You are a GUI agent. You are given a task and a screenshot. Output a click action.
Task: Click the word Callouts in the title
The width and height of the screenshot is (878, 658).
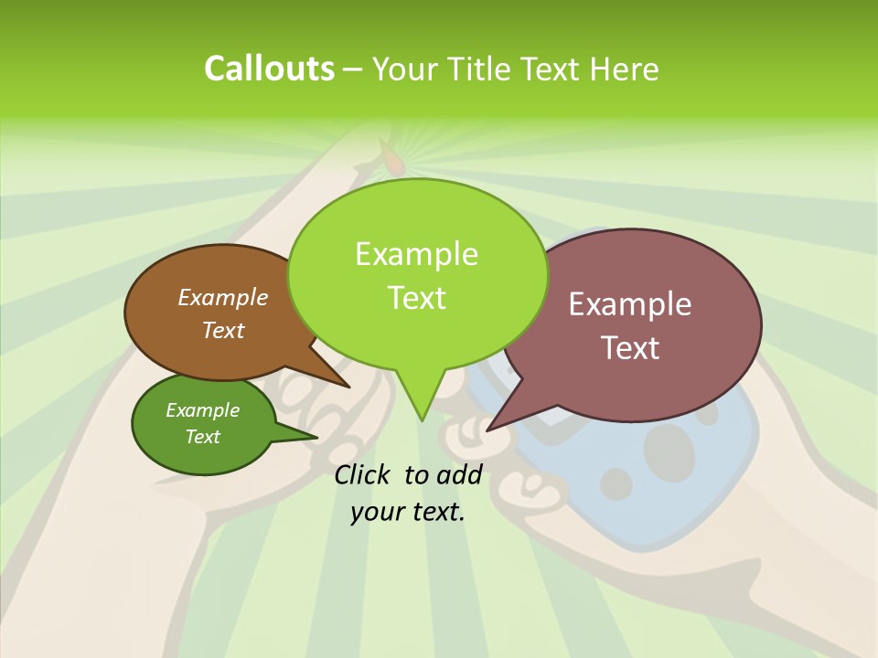click(269, 69)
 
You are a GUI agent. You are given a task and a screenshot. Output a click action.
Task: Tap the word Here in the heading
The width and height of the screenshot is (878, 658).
click(626, 69)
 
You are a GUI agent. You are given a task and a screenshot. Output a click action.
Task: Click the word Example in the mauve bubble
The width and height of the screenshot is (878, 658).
click(629, 304)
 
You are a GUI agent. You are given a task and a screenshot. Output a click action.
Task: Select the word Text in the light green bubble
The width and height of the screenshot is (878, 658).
click(416, 298)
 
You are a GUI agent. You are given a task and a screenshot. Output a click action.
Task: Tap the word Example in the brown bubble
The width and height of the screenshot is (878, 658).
click(222, 297)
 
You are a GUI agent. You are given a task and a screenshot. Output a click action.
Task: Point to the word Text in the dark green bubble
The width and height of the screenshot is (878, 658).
click(202, 437)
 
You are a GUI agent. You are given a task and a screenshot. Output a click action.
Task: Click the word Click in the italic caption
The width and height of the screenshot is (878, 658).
click(363, 474)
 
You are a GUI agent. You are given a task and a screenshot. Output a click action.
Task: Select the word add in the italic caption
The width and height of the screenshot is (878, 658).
click(459, 474)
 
